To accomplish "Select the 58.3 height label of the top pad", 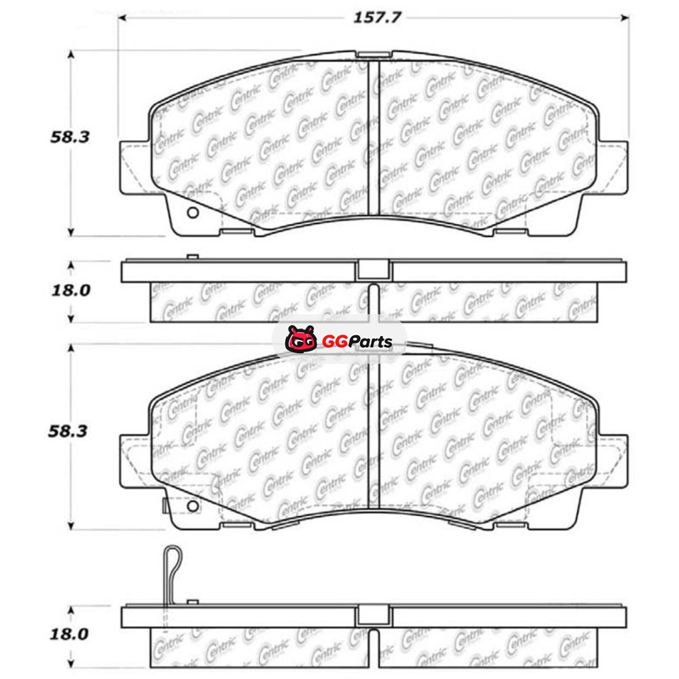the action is click(70, 137).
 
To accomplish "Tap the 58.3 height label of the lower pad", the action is click(68, 431).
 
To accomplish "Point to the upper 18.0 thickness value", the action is click(70, 290).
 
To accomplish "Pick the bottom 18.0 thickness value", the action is click(70, 634).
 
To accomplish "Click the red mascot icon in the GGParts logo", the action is click(300, 339).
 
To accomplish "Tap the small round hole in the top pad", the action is click(193, 213).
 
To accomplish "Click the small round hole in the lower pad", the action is click(193, 506).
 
